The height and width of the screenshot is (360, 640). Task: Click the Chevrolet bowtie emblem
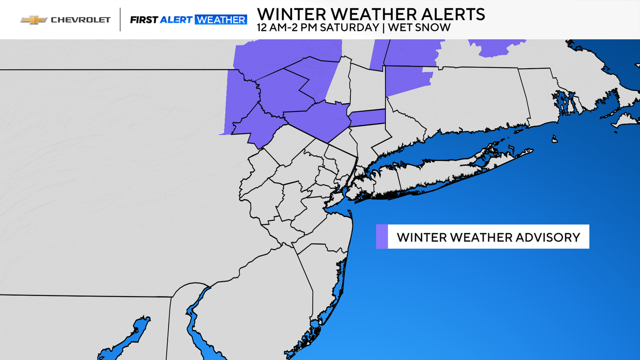[x=33, y=20]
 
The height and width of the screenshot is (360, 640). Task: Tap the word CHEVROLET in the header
[x=81, y=20]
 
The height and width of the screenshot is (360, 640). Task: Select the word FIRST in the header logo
[x=143, y=20]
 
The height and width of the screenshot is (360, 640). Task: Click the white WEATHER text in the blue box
[x=221, y=20]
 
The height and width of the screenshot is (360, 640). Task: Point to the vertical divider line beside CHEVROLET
[x=120, y=20]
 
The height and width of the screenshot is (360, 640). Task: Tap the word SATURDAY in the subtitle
[x=349, y=28]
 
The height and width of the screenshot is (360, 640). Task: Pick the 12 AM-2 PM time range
[x=287, y=28]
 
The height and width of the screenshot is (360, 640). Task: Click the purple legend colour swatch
[x=381, y=237]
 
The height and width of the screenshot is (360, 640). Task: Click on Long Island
[x=439, y=178]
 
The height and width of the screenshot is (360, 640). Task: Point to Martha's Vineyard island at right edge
[x=626, y=121]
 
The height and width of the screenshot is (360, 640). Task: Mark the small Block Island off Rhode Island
[x=554, y=139]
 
